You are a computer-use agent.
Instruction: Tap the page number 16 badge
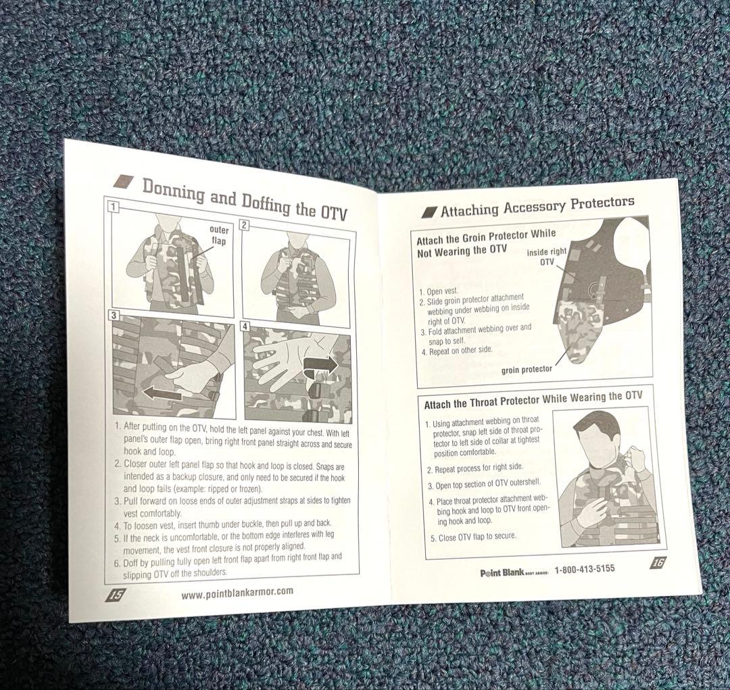(x=658, y=562)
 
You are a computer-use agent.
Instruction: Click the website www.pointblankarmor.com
(x=237, y=593)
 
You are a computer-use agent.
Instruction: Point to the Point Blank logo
(x=514, y=572)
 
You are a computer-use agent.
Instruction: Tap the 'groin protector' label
(x=527, y=370)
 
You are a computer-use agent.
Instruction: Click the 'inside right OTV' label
(x=547, y=257)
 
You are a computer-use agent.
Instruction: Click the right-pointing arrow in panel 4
(x=320, y=364)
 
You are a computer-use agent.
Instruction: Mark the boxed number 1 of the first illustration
(x=113, y=207)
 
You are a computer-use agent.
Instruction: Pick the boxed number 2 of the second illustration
(x=245, y=225)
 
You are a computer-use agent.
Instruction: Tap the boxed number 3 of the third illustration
(x=113, y=315)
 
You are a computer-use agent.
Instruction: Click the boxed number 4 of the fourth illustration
(x=246, y=326)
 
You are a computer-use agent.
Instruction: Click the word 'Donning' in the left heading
(x=173, y=191)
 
